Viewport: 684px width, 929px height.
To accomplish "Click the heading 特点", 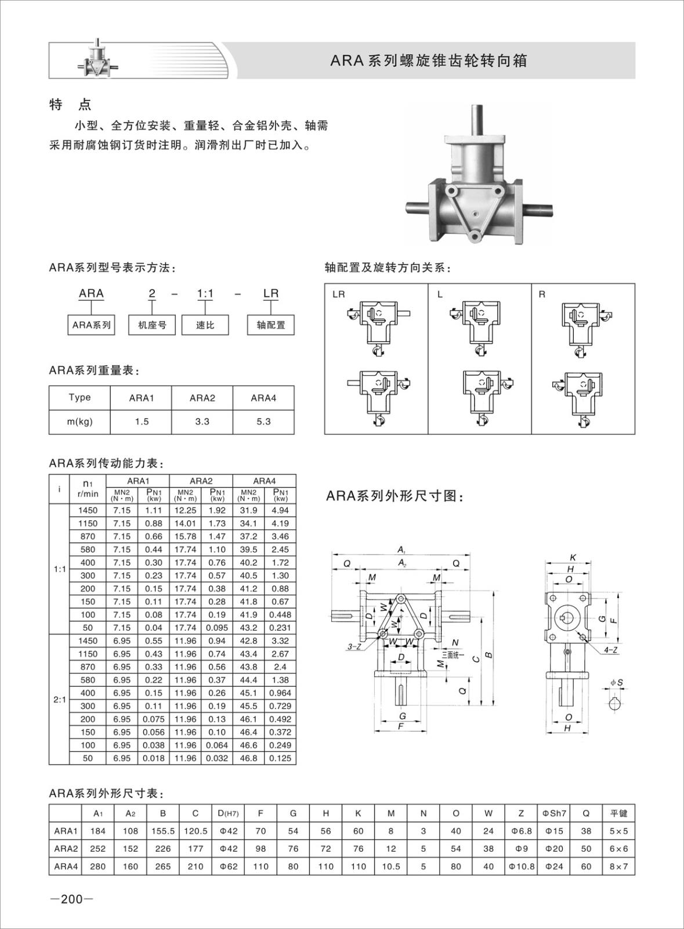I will click(x=71, y=105).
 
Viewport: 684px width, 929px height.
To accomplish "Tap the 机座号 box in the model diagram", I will click(x=152, y=325).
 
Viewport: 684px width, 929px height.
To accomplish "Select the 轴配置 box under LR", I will click(x=271, y=325).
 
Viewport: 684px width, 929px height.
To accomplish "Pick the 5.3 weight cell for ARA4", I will click(x=263, y=422).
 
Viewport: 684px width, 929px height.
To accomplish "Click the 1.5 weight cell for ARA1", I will click(x=142, y=422).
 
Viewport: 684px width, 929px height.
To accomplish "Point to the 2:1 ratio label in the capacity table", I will click(x=59, y=700).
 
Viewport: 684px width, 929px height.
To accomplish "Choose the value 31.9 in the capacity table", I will click(x=248, y=510).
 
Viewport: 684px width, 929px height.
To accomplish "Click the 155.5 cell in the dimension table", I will click(x=163, y=831).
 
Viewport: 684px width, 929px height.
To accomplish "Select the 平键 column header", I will click(x=618, y=813).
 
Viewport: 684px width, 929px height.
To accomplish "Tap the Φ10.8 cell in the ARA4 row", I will click(x=520, y=866).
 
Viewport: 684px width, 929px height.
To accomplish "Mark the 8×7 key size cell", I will click(x=618, y=866).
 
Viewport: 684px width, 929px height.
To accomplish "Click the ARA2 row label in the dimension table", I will click(x=66, y=849).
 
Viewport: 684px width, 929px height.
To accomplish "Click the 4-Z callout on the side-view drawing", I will click(x=610, y=650).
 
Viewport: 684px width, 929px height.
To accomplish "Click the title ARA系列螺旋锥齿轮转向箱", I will click(x=429, y=61).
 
